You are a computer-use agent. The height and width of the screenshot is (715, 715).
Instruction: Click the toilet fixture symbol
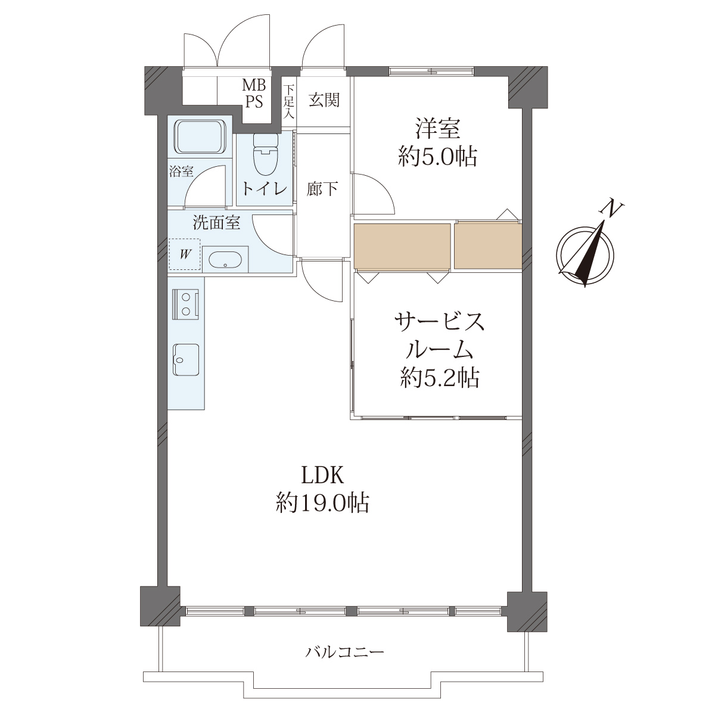tap(266, 154)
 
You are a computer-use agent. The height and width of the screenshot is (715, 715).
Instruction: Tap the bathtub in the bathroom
tap(200, 136)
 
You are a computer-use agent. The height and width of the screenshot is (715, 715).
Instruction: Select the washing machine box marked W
tap(185, 254)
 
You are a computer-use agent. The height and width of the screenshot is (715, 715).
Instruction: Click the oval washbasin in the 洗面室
tap(225, 259)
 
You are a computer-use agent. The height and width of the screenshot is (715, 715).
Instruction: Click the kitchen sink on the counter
tap(185, 360)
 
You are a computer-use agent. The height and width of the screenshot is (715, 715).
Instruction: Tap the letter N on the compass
tap(613, 209)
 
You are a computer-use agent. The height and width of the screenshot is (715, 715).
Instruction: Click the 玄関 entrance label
tap(324, 100)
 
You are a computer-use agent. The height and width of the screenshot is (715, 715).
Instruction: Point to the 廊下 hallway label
tap(322, 189)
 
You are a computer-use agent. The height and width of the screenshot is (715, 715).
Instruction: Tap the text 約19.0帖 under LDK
tap(322, 503)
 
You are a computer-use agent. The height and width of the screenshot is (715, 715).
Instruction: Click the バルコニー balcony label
tap(345, 652)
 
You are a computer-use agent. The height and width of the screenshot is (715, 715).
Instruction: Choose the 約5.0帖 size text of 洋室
tap(437, 157)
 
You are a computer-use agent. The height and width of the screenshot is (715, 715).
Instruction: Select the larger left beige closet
tap(402, 246)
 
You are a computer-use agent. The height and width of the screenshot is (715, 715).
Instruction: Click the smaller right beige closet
tap(488, 246)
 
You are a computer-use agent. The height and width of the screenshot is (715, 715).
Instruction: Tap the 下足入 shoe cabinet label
tap(288, 102)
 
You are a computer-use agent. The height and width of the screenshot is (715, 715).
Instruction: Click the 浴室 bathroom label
tap(181, 172)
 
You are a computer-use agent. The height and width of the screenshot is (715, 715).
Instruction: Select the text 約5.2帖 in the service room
tap(440, 378)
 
